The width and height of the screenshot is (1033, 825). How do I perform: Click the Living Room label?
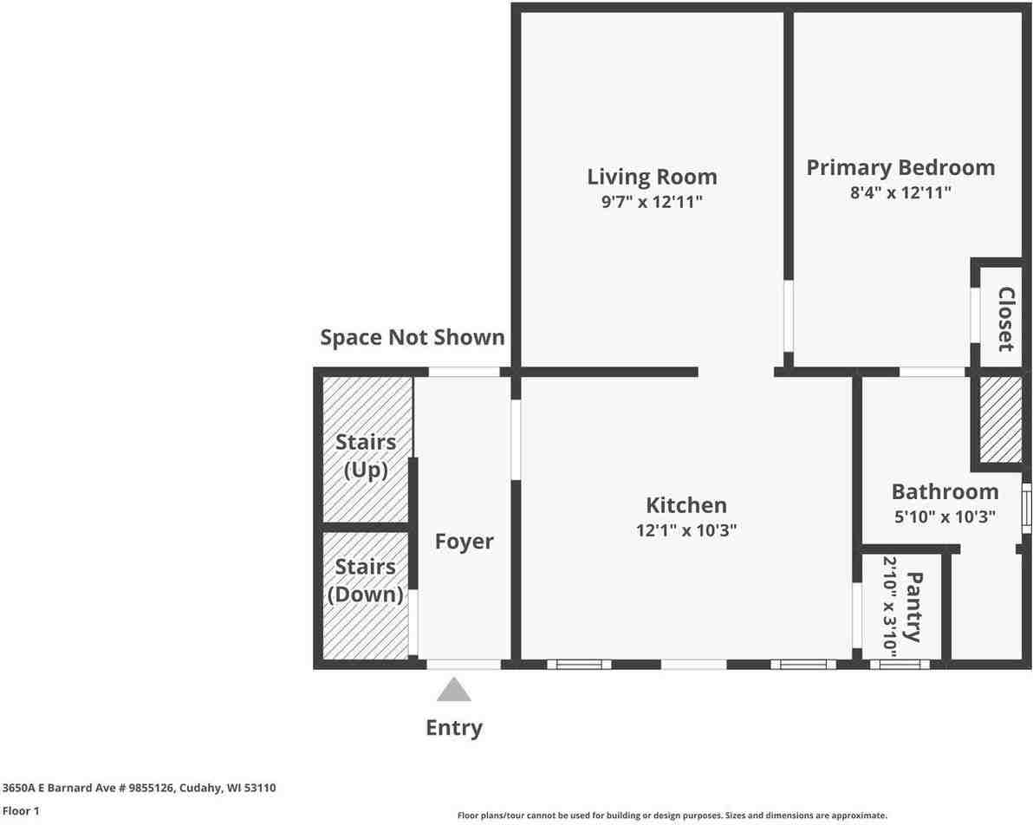(652, 177)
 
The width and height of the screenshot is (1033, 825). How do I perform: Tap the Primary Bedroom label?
(900, 167)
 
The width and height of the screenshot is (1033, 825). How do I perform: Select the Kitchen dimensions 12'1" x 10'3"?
(685, 530)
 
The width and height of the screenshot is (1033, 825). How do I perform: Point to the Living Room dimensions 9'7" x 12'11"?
(652, 203)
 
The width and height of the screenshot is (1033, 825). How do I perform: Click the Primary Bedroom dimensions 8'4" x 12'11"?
(900, 192)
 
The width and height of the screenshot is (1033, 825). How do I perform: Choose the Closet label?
(1005, 319)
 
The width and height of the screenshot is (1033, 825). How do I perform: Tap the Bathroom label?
(945, 492)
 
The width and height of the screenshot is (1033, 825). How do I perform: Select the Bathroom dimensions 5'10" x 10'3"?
(945, 517)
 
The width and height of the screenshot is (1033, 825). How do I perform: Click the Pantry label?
(913, 606)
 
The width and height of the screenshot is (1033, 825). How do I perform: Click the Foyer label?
(464, 542)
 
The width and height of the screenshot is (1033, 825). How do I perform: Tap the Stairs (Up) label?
(366, 456)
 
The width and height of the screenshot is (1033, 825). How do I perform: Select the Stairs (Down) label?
(366, 580)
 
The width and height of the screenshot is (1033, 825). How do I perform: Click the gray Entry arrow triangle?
(453, 691)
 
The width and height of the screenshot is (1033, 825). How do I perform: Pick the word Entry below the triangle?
(453, 728)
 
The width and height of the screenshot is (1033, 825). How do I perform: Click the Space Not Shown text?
(412, 337)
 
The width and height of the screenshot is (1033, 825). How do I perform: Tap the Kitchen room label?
(685, 505)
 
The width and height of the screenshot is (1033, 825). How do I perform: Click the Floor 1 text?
(21, 811)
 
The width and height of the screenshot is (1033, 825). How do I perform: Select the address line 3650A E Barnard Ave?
(139, 788)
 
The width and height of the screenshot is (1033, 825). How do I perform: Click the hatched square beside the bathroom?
(999, 419)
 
